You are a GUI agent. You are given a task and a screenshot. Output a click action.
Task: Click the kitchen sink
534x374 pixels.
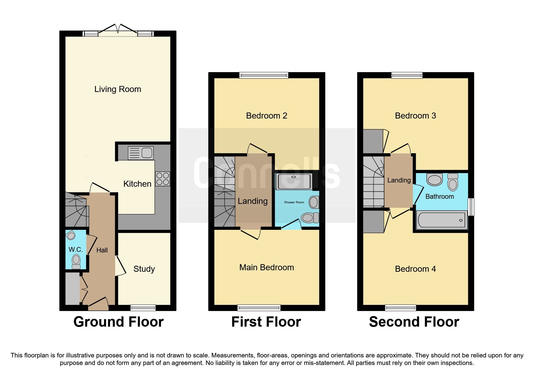141,153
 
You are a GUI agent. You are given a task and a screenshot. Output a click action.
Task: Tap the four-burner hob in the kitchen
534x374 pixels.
163,179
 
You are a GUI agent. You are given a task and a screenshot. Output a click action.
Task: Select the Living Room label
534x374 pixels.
118,89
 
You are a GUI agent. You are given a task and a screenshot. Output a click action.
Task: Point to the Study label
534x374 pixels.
144,269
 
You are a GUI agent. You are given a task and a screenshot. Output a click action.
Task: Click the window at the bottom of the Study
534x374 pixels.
143,308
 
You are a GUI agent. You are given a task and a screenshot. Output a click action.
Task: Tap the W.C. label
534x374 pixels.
75,249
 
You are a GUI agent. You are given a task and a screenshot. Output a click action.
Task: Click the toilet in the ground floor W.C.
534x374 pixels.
76,261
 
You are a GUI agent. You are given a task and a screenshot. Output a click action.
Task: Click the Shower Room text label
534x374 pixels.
294,202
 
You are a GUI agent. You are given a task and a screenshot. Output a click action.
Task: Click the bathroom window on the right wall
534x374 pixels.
471,207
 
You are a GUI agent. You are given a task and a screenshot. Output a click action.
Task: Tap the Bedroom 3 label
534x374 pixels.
415,116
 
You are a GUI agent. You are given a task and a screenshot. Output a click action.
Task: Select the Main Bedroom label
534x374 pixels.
267,268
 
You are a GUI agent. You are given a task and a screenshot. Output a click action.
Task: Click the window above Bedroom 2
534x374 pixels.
264,75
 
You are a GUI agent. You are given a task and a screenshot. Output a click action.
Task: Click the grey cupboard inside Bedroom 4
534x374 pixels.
373,222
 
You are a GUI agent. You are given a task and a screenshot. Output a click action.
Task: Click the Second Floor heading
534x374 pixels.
414,322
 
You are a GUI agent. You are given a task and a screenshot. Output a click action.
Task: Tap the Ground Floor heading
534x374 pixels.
118,322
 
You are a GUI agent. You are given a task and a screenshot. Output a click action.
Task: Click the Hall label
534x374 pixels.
102,250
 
